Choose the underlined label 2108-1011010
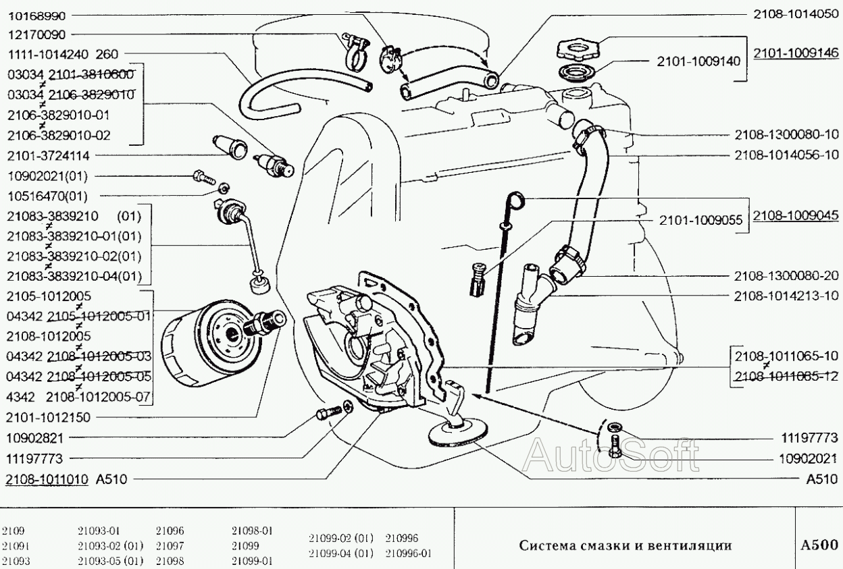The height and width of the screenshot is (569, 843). coord(47,479)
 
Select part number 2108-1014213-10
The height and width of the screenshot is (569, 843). coord(786,296)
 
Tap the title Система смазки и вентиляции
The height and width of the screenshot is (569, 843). coord(625,545)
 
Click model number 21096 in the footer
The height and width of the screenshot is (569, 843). coord(170,531)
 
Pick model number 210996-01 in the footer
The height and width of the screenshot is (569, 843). coord(409,553)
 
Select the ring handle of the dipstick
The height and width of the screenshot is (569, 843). coord(515,199)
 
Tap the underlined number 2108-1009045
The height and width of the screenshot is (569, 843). coord(796,215)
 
